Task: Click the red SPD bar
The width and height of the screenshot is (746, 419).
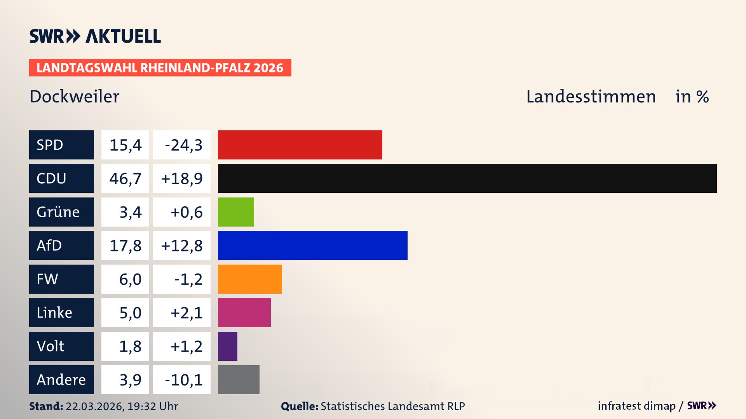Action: click(x=300, y=145)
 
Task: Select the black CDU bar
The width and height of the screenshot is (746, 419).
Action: click(x=467, y=178)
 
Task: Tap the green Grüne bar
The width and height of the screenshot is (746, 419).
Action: click(x=236, y=212)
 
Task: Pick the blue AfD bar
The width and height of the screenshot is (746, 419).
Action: click(x=312, y=245)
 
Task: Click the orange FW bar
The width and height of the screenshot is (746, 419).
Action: click(x=250, y=279)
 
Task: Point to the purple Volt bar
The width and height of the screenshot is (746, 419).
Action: click(x=227, y=346)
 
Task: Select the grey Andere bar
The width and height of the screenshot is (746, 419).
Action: click(x=239, y=379)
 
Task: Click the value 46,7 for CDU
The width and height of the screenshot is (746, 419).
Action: click(x=125, y=178)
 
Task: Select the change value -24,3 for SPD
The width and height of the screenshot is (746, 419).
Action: click(x=183, y=145)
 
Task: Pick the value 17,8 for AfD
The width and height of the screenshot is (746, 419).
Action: click(x=125, y=246)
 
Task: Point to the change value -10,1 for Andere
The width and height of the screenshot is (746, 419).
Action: click(x=183, y=380)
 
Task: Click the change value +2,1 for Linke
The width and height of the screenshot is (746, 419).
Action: click(x=186, y=313)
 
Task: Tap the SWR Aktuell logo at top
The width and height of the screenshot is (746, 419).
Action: click(x=95, y=36)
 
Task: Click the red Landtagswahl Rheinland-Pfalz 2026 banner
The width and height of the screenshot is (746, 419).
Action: click(x=160, y=68)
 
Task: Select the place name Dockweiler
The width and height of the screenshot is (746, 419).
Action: click(x=75, y=97)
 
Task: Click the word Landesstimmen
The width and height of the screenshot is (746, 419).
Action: click(x=591, y=97)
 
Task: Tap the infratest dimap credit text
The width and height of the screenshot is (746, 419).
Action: click(x=636, y=406)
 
